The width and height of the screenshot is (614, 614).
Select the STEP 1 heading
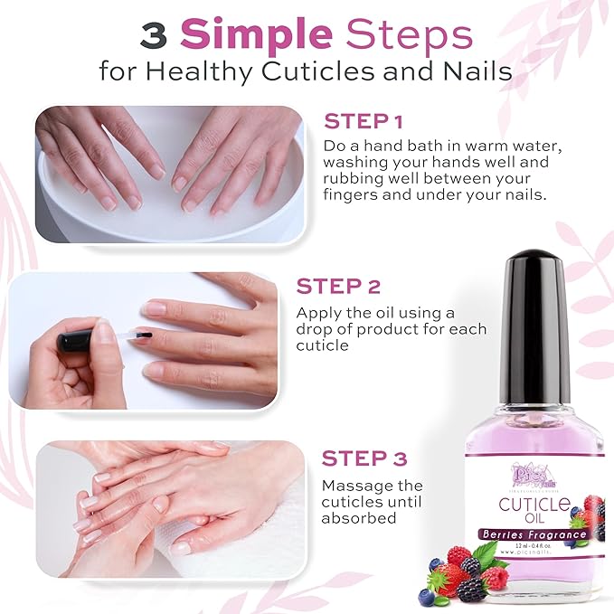[364, 121]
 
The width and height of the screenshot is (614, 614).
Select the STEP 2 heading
[338, 287]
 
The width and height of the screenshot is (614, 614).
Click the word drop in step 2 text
[316, 329]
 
